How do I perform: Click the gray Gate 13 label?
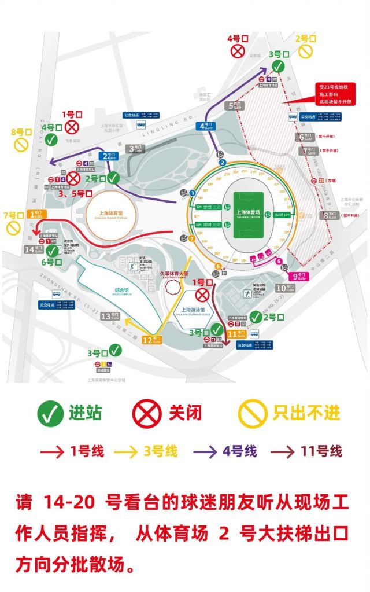[110, 317]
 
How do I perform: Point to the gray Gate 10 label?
[285, 288]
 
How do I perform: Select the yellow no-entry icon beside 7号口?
[12, 228]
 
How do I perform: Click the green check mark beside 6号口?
[54, 251]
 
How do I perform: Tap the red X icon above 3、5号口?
[73, 178]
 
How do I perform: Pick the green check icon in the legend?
[50, 413]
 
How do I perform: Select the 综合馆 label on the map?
[112, 289]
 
